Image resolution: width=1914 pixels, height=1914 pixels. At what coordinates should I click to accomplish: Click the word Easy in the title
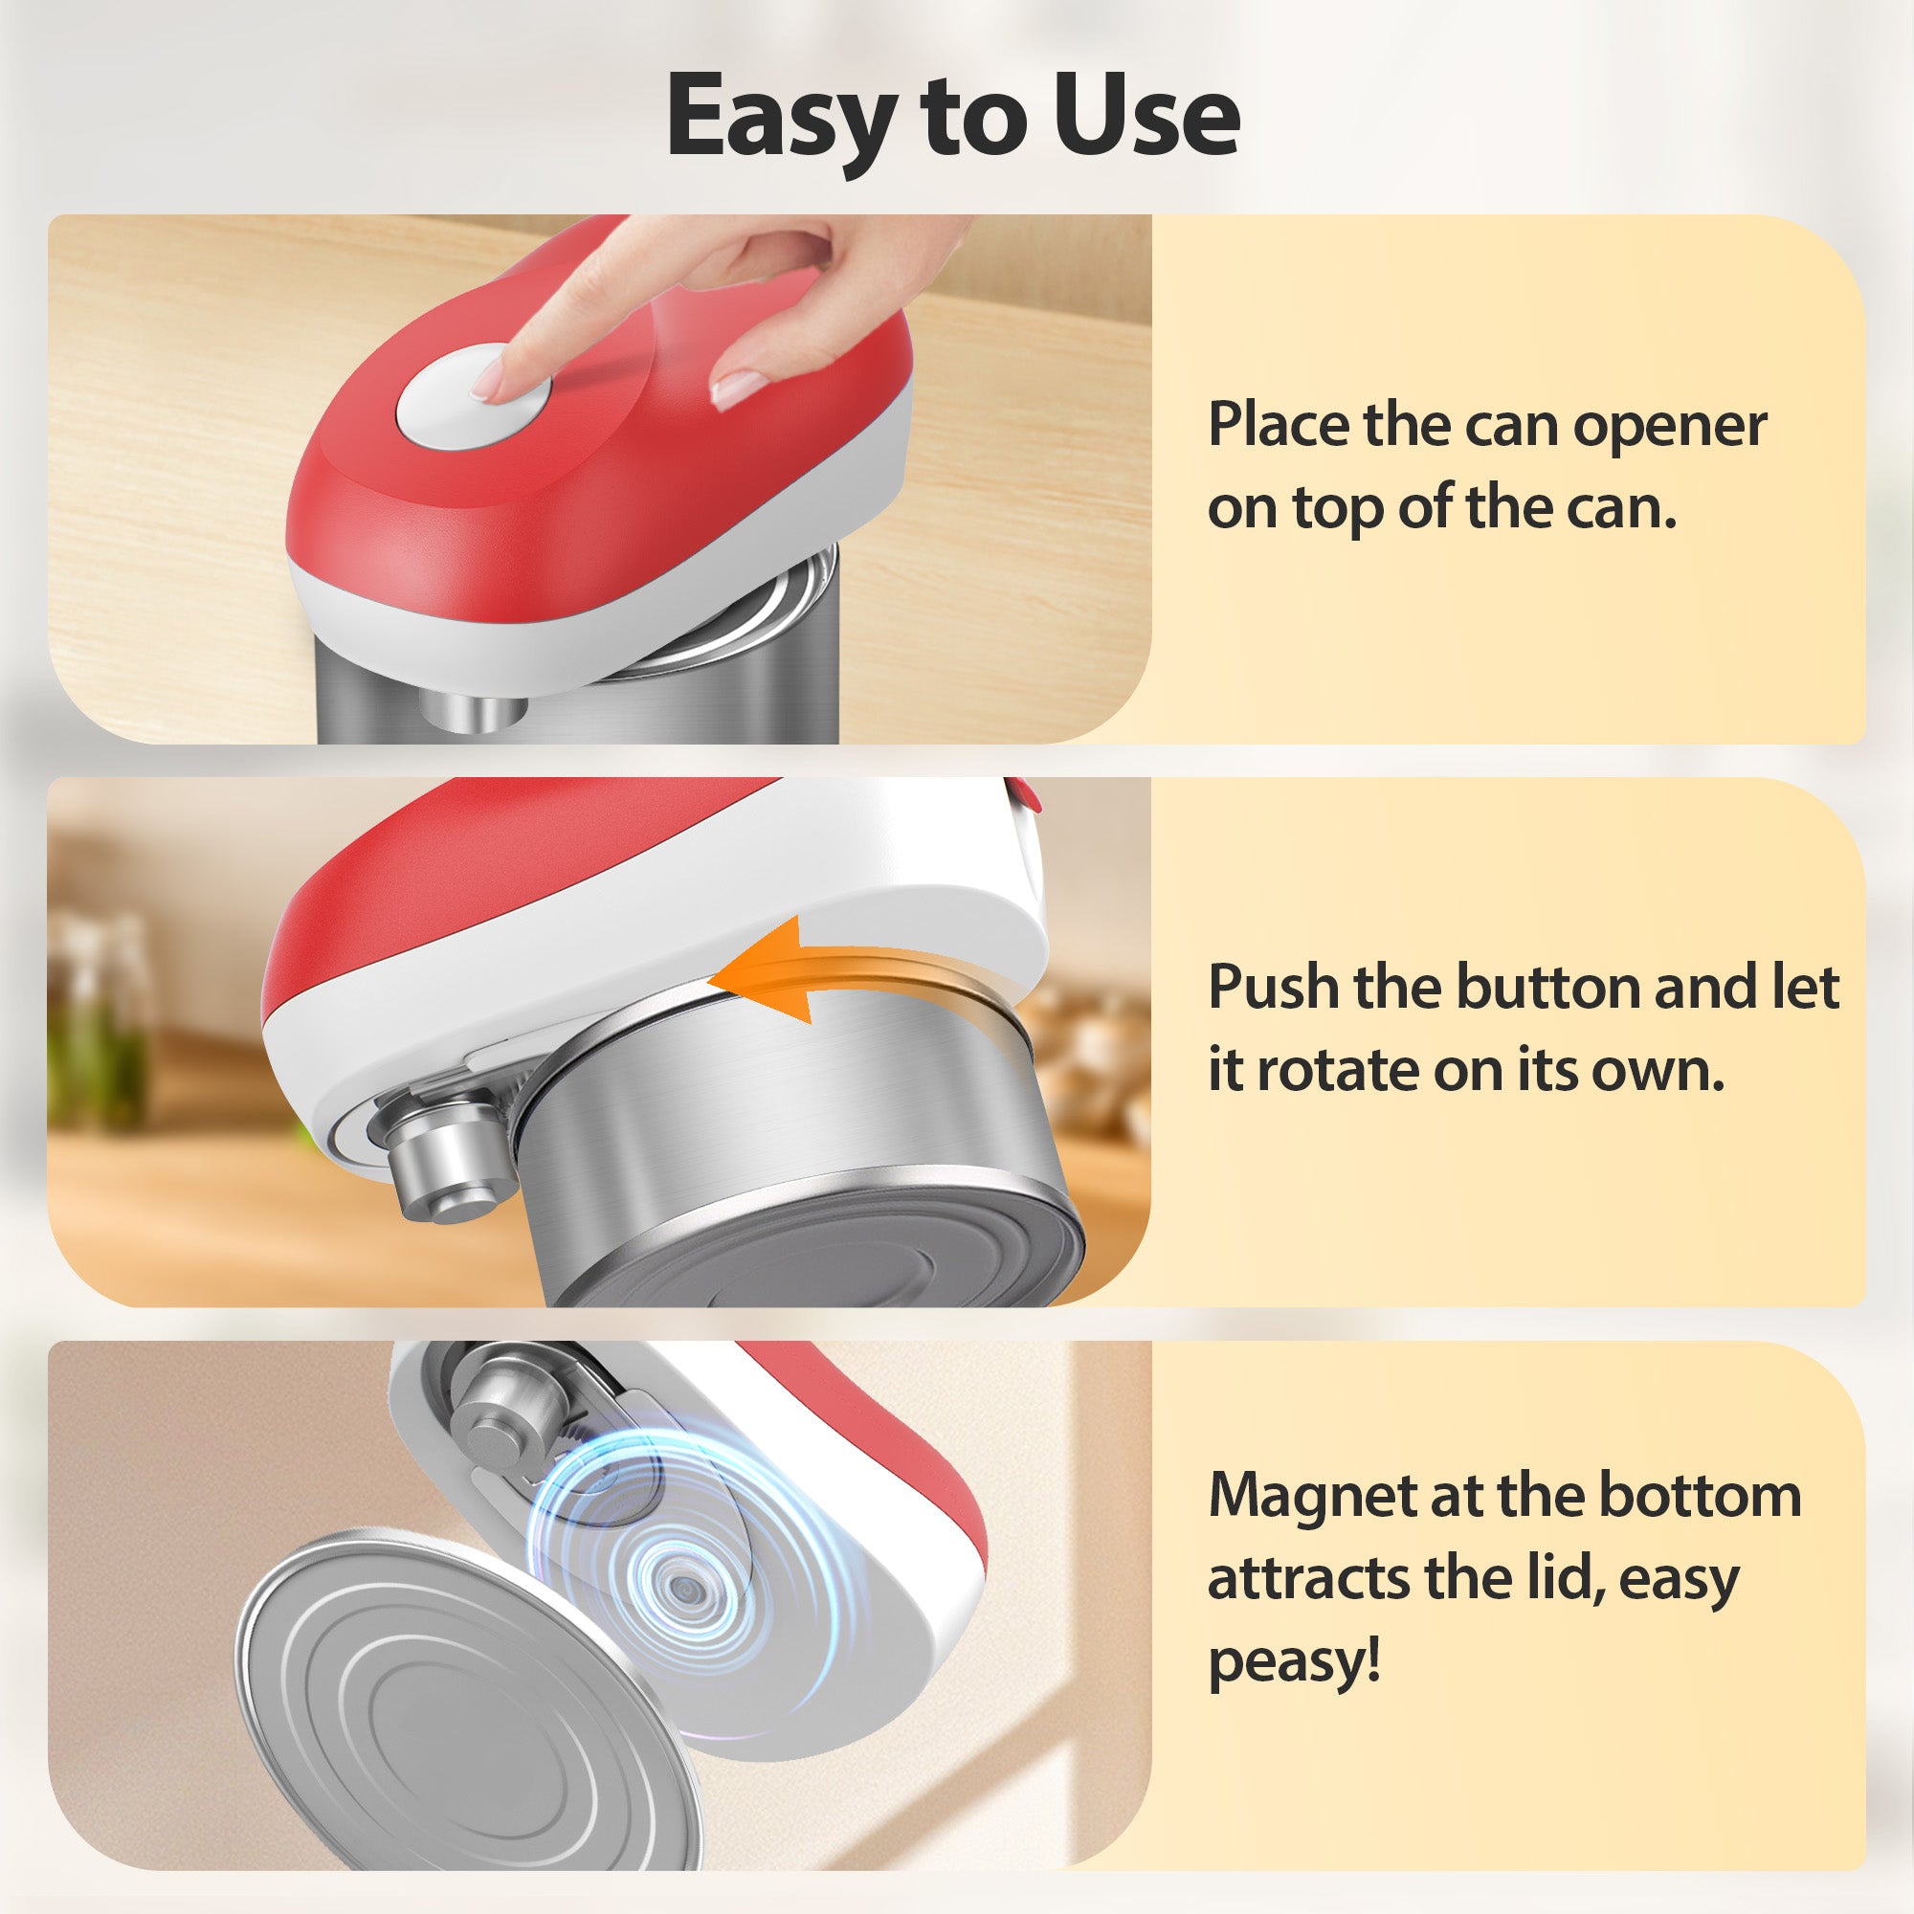point(781,117)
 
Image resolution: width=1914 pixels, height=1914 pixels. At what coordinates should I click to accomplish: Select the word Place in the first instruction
point(1277,425)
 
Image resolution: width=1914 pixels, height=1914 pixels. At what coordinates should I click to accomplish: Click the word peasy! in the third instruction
point(1294,1662)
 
